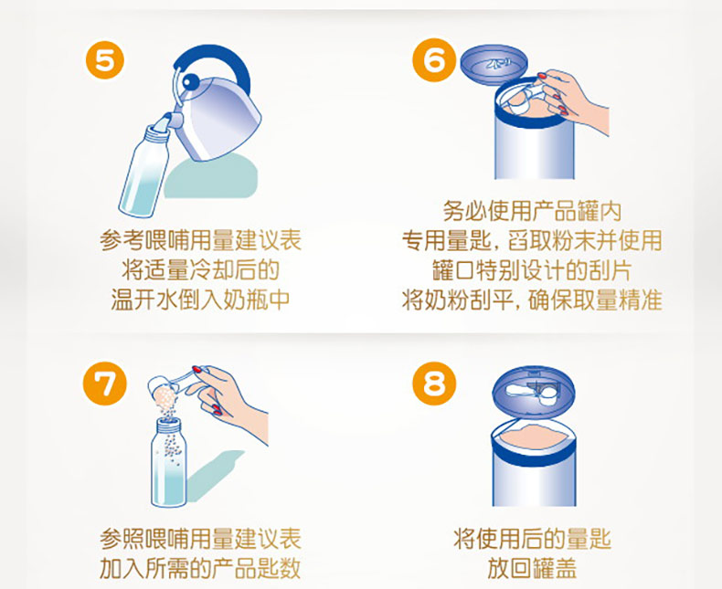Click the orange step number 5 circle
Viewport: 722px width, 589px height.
pos(105,60)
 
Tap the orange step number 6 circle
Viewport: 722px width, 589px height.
pos(434,60)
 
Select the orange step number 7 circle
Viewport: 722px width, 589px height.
pos(104,384)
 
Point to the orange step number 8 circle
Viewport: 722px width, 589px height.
pos(434,384)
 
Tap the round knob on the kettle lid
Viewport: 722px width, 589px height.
pos(190,82)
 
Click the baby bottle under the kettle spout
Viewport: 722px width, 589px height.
pos(144,169)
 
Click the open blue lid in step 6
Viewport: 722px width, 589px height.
pos(494,64)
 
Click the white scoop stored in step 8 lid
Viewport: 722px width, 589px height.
pos(533,393)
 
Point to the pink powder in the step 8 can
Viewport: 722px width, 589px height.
pos(533,436)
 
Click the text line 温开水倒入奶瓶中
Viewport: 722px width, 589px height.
pos(200,300)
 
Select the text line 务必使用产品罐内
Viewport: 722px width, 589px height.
pos(532,211)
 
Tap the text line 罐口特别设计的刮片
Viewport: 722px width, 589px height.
pos(532,270)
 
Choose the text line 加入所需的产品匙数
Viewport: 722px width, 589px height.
pos(200,568)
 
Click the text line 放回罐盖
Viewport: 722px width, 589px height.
pos(532,568)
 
